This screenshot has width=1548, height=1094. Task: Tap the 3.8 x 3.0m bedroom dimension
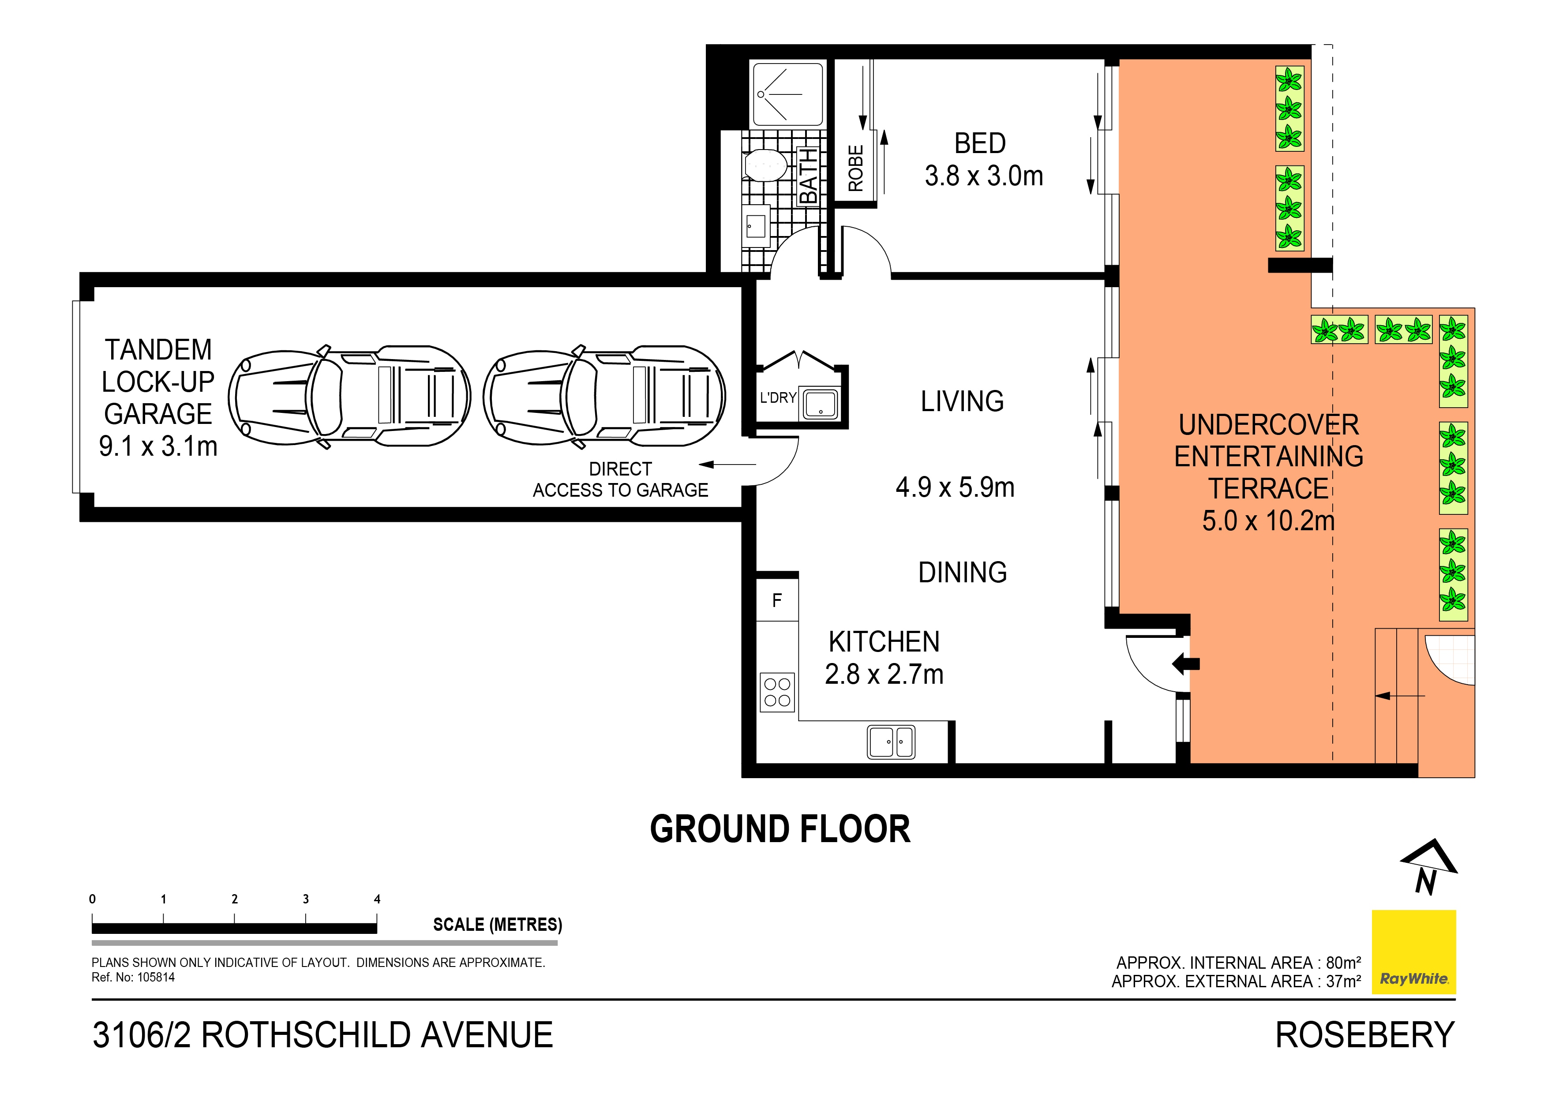click(x=984, y=176)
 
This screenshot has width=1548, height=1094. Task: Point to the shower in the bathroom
click(x=787, y=94)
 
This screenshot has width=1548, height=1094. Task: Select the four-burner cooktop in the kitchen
click(x=777, y=692)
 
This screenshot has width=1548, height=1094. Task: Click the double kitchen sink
click(x=891, y=742)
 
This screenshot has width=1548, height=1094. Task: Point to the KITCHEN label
click(x=884, y=642)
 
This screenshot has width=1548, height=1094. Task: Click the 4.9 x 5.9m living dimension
click(x=955, y=487)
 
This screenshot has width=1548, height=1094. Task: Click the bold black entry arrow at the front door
click(x=1185, y=663)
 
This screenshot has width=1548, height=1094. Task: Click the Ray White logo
click(x=1414, y=952)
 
